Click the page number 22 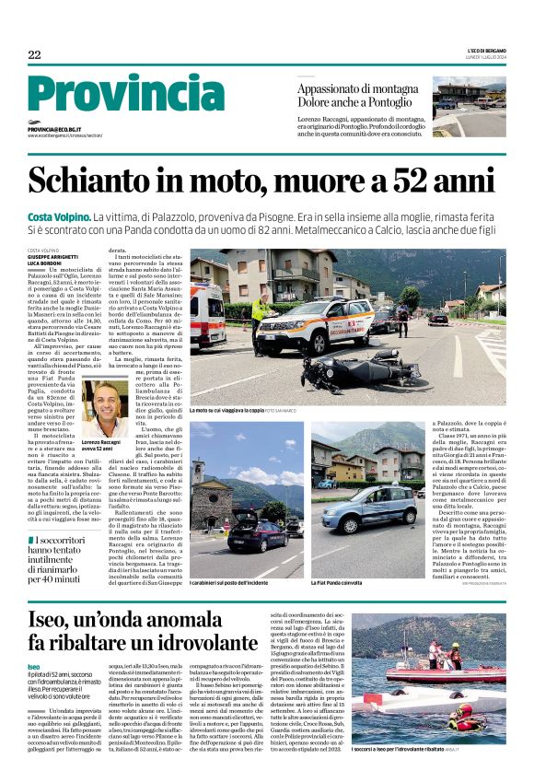pyautogui.click(x=34, y=55)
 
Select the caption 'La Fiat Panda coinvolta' pyautogui.click(x=339, y=583)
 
